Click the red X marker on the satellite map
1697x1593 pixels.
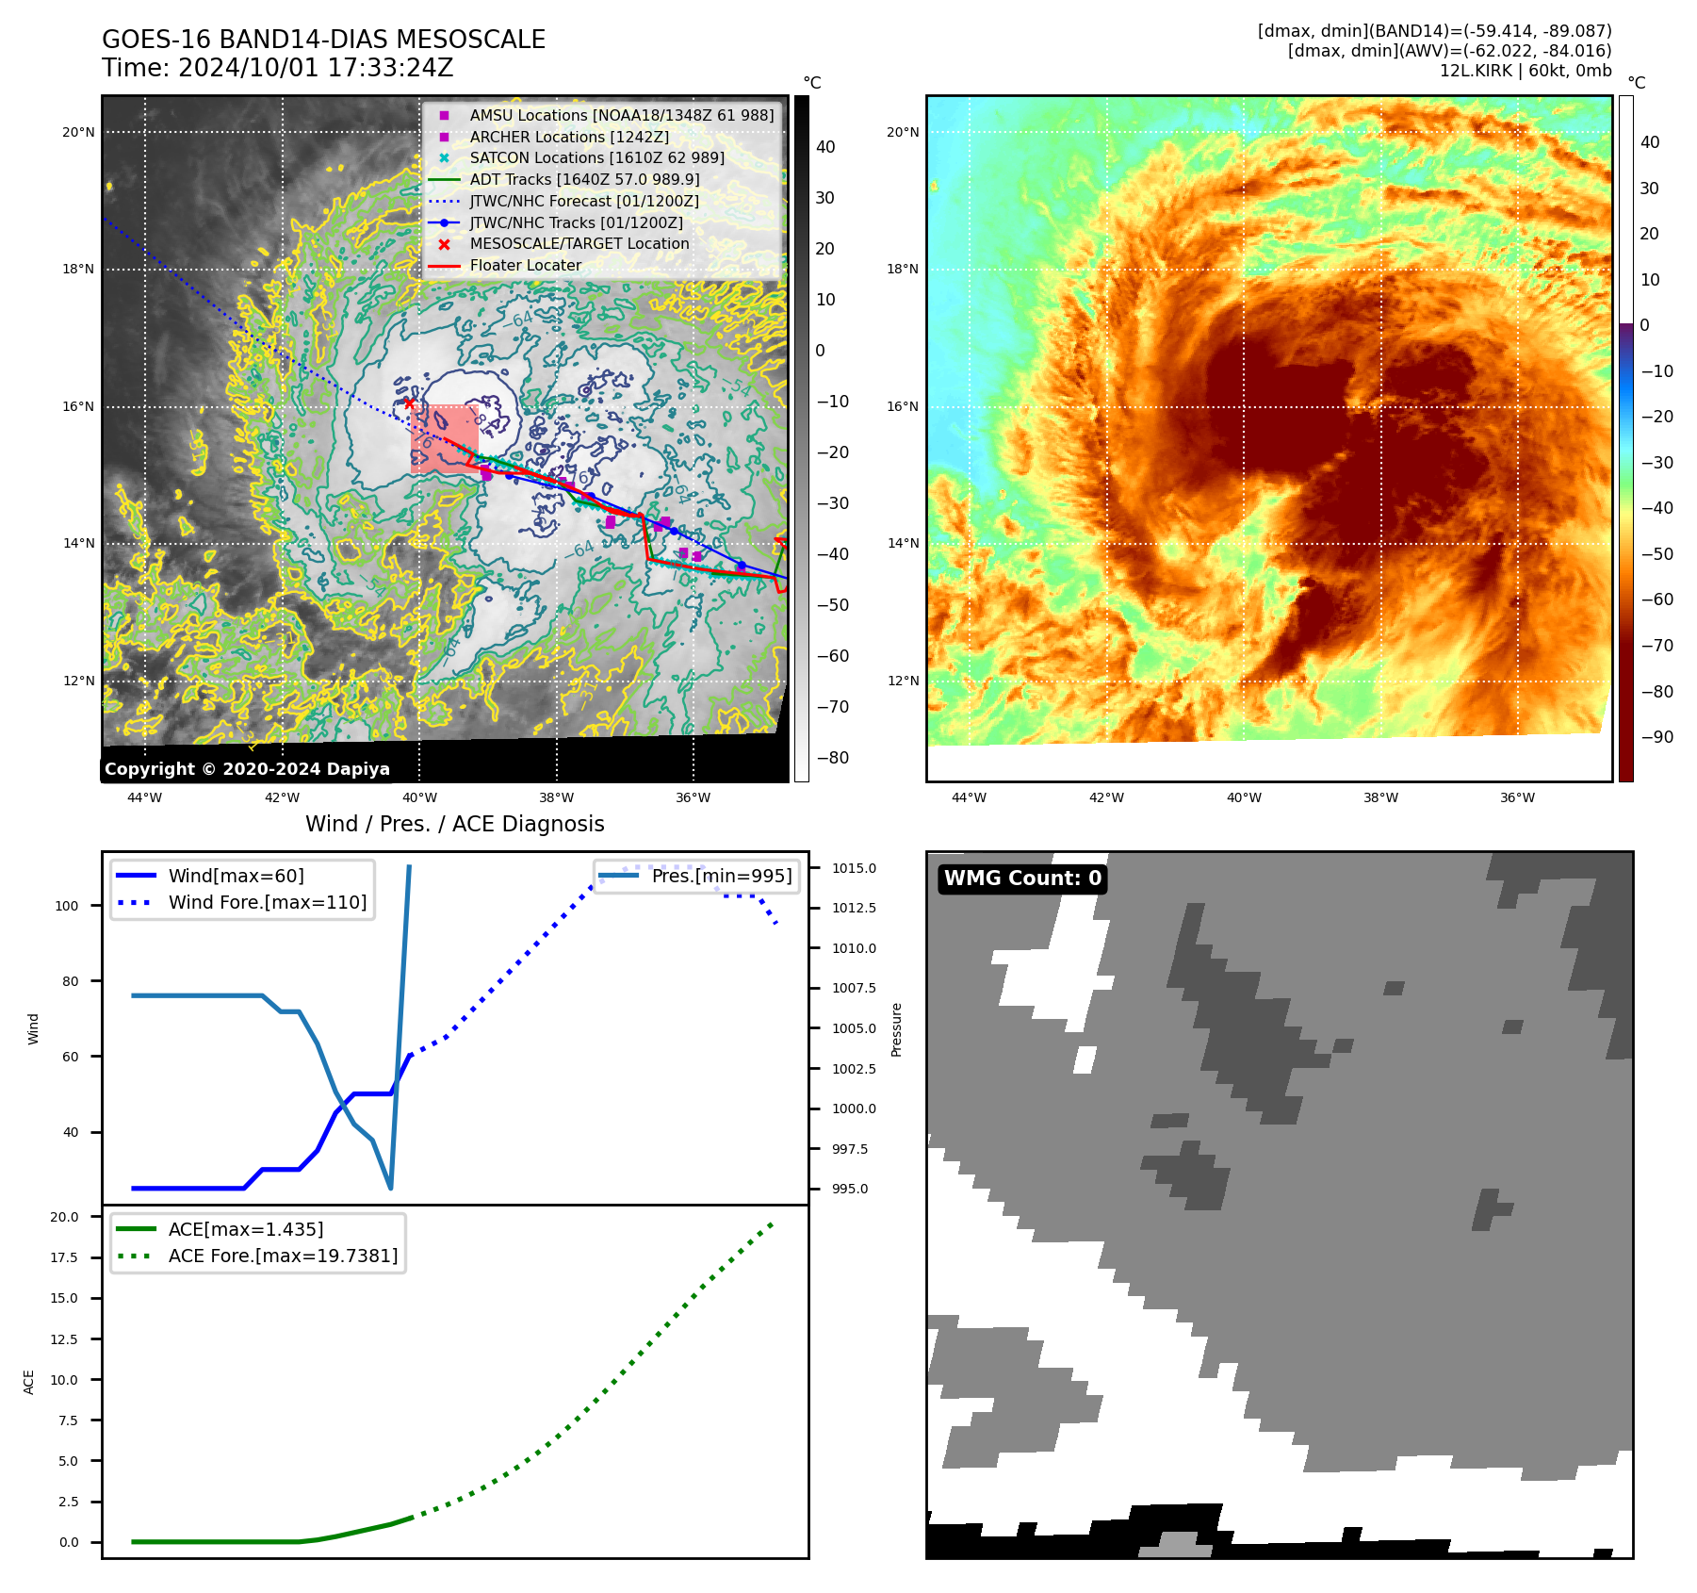pos(409,403)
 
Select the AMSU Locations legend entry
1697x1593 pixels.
pos(621,115)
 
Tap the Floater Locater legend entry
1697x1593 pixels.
pos(525,265)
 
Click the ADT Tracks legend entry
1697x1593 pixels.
pos(584,179)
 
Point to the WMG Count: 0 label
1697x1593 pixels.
pos(1022,879)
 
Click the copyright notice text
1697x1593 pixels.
pos(247,769)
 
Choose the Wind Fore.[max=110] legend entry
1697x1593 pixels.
pos(267,902)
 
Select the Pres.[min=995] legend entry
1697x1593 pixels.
pos(721,876)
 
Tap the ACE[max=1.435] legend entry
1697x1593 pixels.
pos(245,1229)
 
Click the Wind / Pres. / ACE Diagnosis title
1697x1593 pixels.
pos(454,824)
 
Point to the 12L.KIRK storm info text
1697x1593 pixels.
pos(1525,71)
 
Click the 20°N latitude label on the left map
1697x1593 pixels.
pos(78,133)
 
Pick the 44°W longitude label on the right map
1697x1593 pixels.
pos(969,798)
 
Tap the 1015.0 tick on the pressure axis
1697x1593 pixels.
pos(854,868)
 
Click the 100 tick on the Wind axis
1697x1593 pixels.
pos(67,906)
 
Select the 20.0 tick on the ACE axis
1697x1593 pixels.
pos(65,1217)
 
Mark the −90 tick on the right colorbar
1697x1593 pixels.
pos(1656,737)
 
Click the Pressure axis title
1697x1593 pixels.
pos(896,1029)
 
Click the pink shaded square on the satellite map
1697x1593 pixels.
pos(445,439)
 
